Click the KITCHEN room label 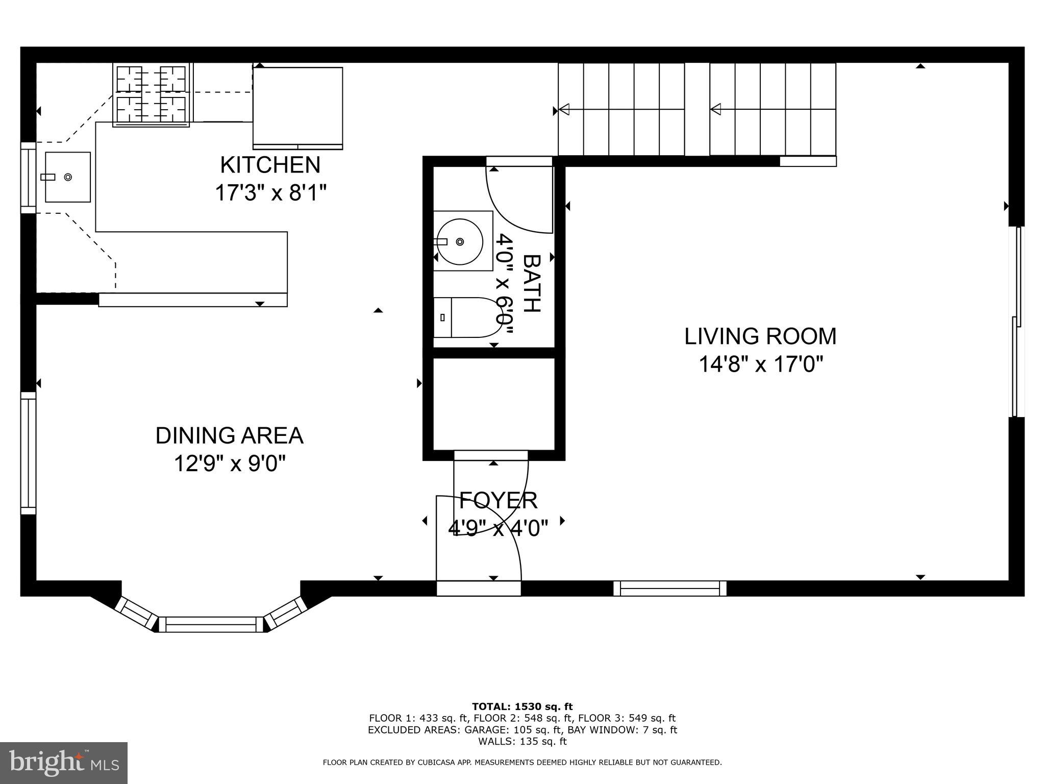point(270,165)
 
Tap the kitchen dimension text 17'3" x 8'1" point(270,193)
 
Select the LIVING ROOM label point(760,336)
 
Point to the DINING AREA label point(230,435)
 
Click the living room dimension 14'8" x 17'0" point(760,364)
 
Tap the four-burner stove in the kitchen point(151,95)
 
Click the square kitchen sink point(68,177)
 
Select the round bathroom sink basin point(460,241)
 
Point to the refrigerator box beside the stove point(298,108)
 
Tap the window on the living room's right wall point(1017,322)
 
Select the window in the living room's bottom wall point(670,589)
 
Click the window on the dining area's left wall point(29,453)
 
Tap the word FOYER point(499,501)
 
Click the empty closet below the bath point(494,404)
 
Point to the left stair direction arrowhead point(564,109)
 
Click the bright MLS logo point(64,763)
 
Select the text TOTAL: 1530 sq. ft point(522,707)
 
